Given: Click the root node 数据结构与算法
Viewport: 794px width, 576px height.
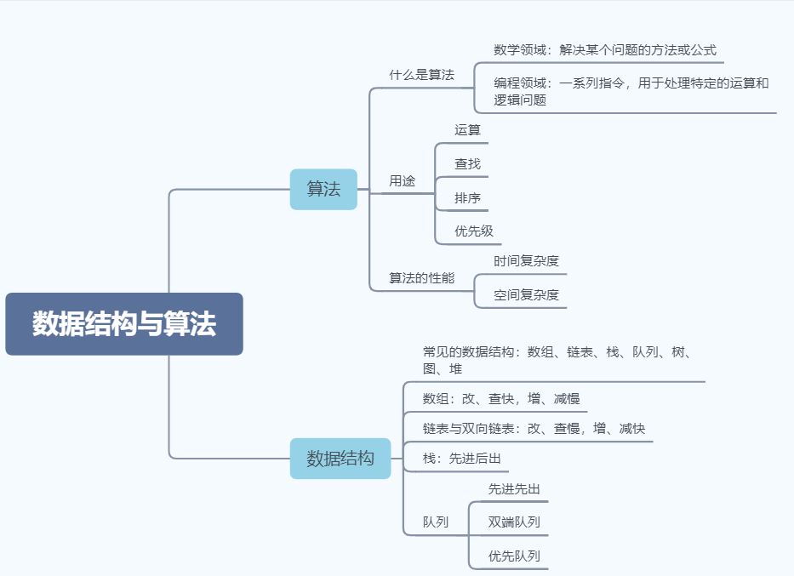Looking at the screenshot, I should pyautogui.click(x=124, y=324).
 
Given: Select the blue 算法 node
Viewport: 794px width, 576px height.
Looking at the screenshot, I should pyautogui.click(x=323, y=189).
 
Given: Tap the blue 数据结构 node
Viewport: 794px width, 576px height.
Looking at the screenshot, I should pyautogui.click(x=340, y=459).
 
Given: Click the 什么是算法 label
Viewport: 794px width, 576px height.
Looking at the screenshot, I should pyautogui.click(x=421, y=75).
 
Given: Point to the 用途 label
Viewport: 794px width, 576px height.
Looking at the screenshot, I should pyautogui.click(x=402, y=181).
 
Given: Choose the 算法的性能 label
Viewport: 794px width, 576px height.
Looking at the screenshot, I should pyautogui.click(x=421, y=278).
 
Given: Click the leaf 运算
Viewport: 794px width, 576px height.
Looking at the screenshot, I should pyautogui.click(x=467, y=130).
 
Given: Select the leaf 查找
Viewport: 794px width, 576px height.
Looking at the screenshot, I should pyautogui.click(x=467, y=163).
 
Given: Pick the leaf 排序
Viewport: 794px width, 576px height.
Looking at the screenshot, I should pyautogui.click(x=467, y=198).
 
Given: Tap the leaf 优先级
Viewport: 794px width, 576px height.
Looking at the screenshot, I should pyautogui.click(x=473, y=231).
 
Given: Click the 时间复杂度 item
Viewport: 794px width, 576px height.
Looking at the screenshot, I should pyautogui.click(x=526, y=261).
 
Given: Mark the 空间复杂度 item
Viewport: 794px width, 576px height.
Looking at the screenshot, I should pyautogui.click(x=526, y=295).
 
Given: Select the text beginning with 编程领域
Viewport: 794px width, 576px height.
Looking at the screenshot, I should pyautogui.click(x=631, y=91).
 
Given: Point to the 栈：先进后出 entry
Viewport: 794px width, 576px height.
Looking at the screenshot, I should pyautogui.click(x=461, y=459).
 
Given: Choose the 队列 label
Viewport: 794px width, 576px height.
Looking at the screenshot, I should pyautogui.click(x=435, y=522).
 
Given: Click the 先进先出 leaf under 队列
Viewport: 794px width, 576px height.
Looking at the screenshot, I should pyautogui.click(x=514, y=489).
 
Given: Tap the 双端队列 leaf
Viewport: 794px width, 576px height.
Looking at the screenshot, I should pyautogui.click(x=514, y=522).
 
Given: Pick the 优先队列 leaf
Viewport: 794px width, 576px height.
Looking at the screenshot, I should pyautogui.click(x=514, y=556).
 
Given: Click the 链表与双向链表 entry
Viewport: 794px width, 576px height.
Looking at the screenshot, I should pyautogui.click(x=534, y=429).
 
